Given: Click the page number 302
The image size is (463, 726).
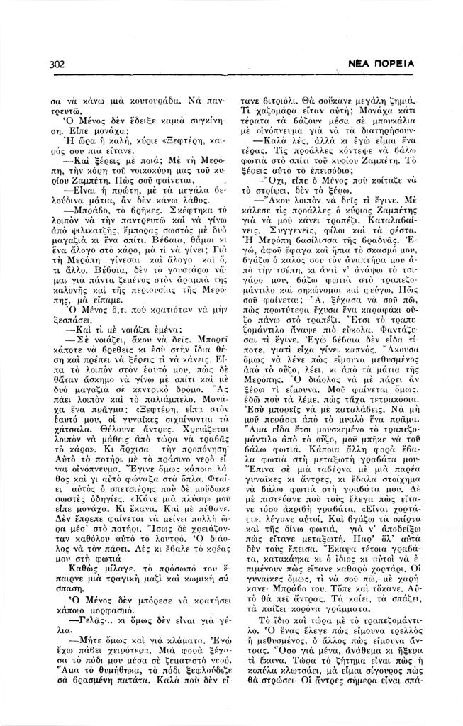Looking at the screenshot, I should coord(59,65).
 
